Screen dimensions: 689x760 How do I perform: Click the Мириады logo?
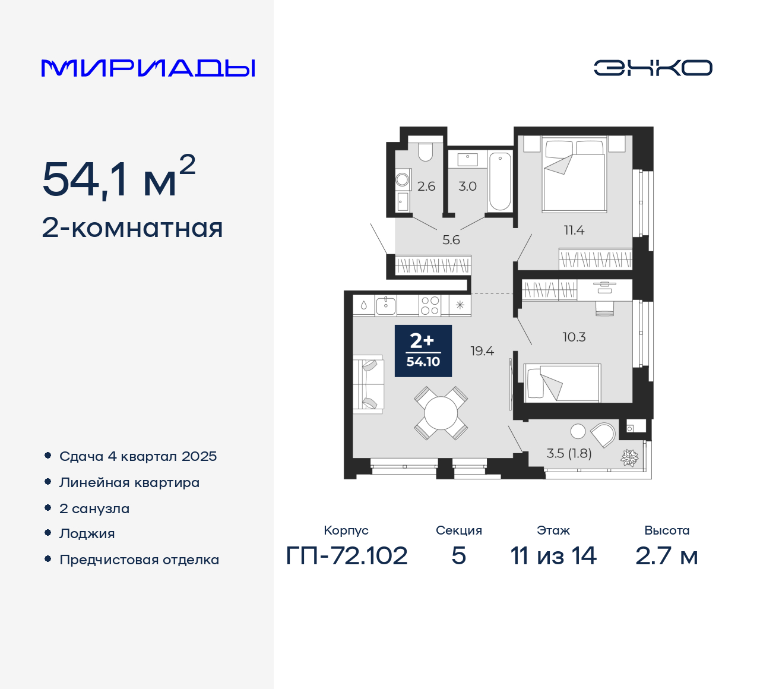click(x=148, y=68)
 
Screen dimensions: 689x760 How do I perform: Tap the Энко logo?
click(x=653, y=68)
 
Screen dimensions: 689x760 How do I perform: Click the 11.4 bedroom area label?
click(x=574, y=230)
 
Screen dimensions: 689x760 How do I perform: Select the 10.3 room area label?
click(x=574, y=337)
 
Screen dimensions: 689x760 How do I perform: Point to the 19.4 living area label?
click(x=482, y=351)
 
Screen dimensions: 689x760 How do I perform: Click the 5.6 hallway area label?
click(x=451, y=240)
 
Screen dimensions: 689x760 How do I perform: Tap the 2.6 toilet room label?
click(x=426, y=187)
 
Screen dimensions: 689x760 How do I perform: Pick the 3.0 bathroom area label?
click(x=467, y=187)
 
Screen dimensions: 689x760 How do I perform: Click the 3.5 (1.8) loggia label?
click(x=569, y=454)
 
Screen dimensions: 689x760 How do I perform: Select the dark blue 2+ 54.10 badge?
click(x=423, y=351)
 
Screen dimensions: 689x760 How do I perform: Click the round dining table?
click(x=441, y=413)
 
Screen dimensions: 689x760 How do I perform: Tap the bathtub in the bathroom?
click(x=500, y=181)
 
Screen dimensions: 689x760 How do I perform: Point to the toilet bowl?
click(x=426, y=152)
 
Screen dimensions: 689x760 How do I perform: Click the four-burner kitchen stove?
click(x=430, y=305)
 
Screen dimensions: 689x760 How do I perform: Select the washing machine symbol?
click(x=403, y=178)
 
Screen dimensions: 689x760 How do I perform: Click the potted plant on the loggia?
click(x=629, y=457)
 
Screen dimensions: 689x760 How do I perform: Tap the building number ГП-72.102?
click(x=347, y=556)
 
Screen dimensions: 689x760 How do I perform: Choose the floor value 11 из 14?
click(x=553, y=556)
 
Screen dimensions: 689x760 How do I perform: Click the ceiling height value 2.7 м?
click(x=667, y=556)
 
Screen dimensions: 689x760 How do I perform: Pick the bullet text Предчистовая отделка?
click(x=139, y=560)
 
